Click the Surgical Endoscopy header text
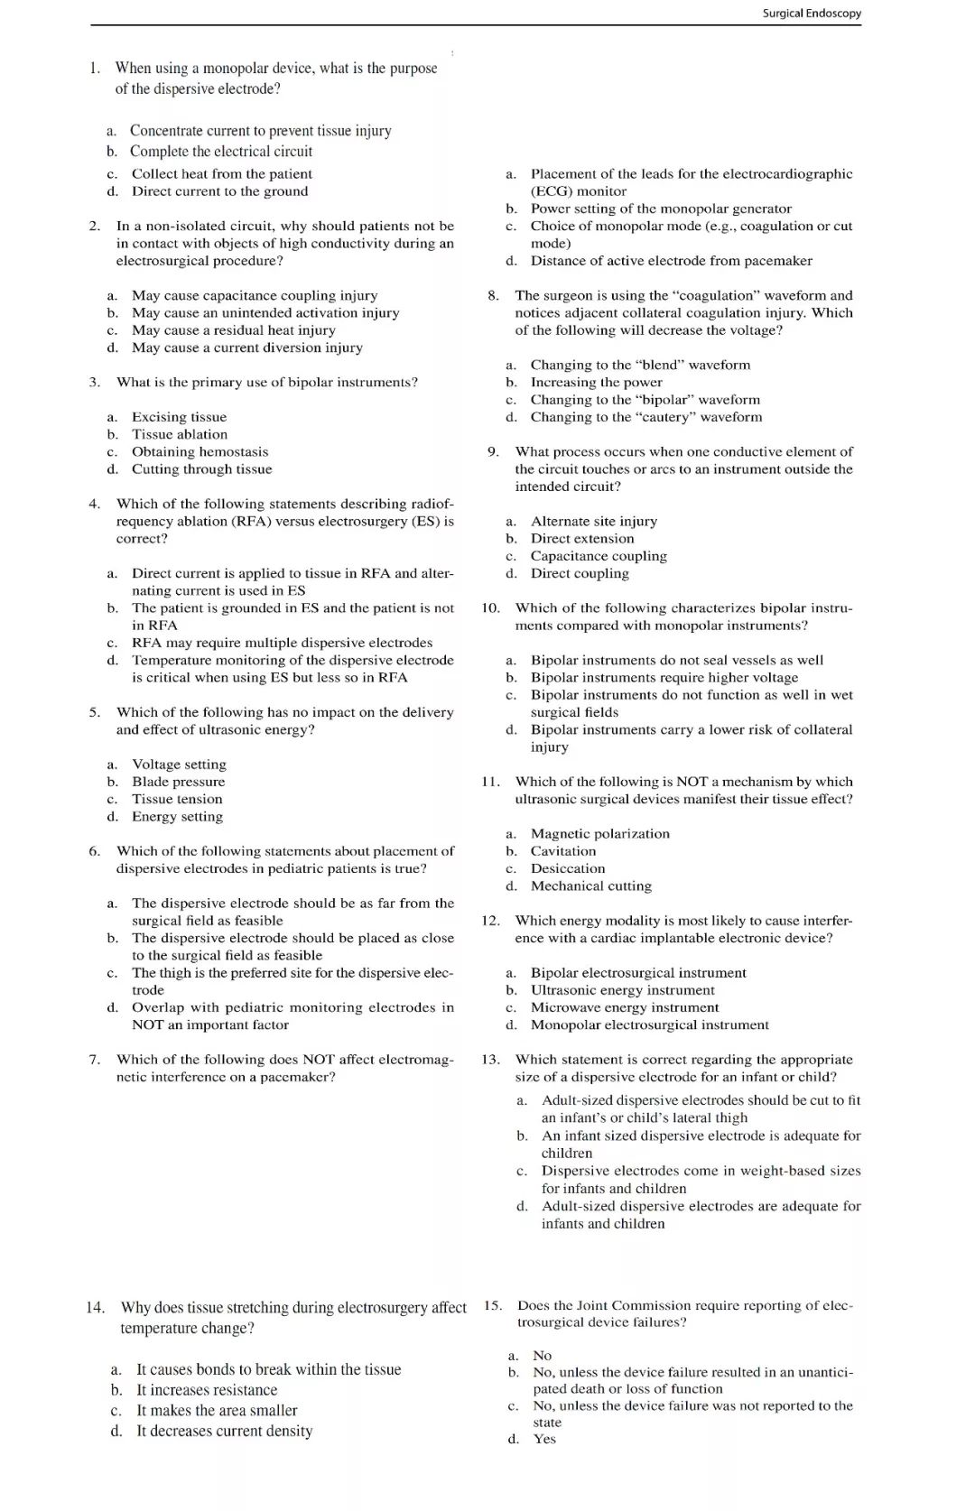tap(811, 14)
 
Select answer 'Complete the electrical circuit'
tap(221, 152)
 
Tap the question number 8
tap(493, 295)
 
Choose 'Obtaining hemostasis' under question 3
tap(200, 451)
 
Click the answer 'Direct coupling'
tap(580, 573)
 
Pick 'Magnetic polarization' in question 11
tap(599, 833)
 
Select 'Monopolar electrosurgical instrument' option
tap(649, 1024)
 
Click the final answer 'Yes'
tap(544, 1439)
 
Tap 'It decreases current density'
tap(224, 1431)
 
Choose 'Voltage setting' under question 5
tap(179, 764)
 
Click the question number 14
tap(96, 1307)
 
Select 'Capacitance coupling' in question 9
tap(599, 556)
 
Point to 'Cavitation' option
tap(563, 851)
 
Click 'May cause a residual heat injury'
tap(233, 330)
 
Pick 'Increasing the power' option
tap(596, 382)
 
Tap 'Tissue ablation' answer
tap(180, 434)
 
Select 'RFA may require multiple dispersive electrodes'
tap(282, 643)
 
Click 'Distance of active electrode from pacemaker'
tap(671, 261)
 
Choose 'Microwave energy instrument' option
tap(625, 1007)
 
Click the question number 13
tap(490, 1060)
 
